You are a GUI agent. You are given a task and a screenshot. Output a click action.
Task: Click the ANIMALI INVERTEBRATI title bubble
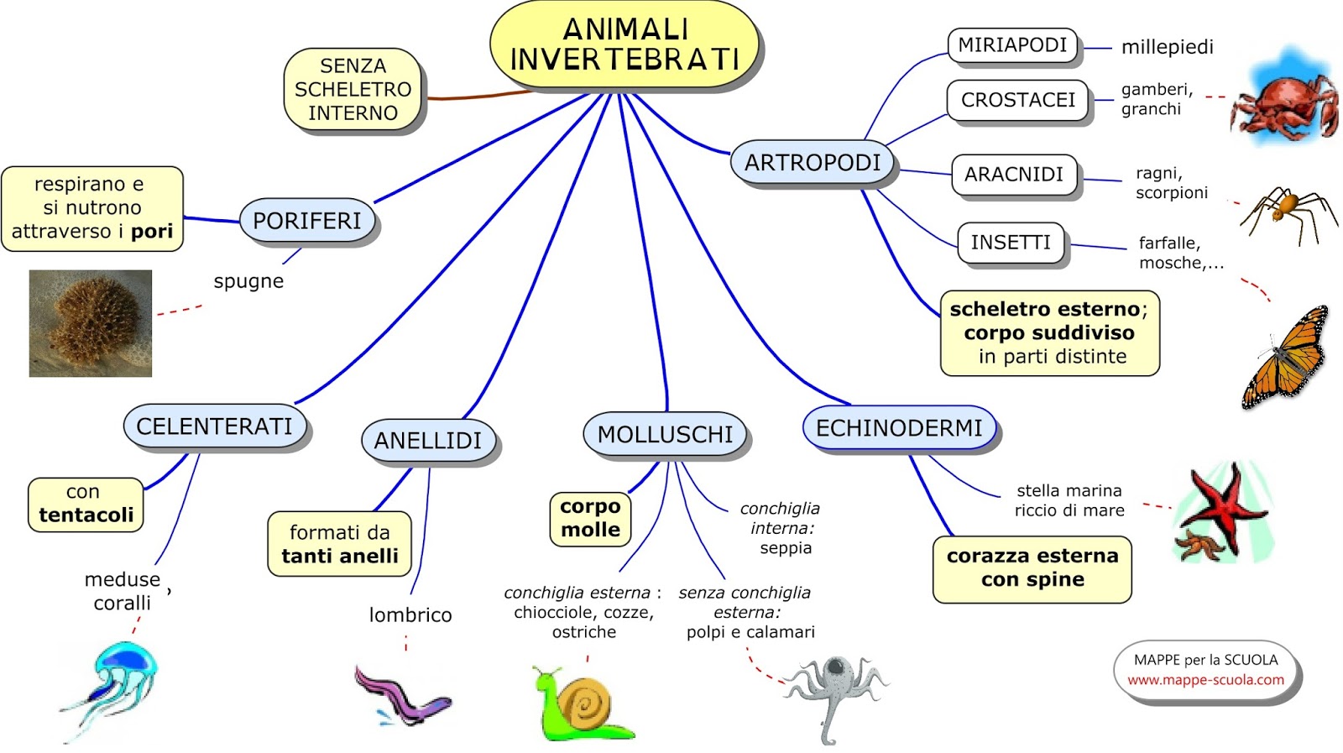(624, 45)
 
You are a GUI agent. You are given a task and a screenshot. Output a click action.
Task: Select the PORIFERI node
(307, 221)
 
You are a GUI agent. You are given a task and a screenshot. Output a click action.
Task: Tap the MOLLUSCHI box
(665, 434)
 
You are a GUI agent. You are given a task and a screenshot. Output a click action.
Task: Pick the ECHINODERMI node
(899, 428)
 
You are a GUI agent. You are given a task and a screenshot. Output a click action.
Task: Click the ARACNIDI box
(1013, 175)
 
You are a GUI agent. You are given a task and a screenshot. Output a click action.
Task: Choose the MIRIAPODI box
(1012, 45)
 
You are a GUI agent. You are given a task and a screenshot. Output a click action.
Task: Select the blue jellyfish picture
(118, 680)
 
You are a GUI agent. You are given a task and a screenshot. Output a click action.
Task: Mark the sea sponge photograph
(91, 323)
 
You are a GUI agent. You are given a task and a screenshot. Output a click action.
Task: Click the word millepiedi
(1167, 47)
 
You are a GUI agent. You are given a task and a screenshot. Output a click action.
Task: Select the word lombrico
(410, 615)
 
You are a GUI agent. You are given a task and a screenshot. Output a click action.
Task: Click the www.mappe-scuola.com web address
(1205, 680)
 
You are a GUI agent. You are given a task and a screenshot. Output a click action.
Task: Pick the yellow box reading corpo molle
(590, 518)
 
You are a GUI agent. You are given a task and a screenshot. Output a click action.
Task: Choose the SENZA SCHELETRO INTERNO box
(353, 89)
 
